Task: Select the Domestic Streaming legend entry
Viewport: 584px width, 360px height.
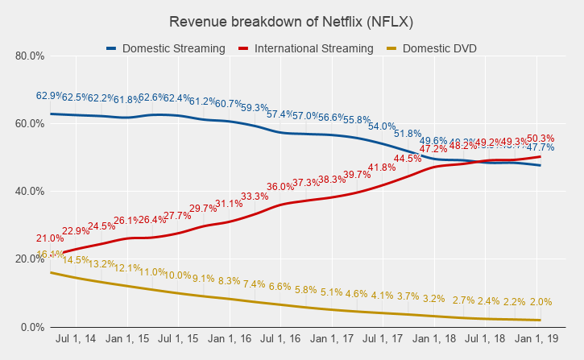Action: click(x=173, y=48)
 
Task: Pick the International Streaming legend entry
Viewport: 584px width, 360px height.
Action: click(x=313, y=48)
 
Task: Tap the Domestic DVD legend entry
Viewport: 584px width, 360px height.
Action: click(x=439, y=48)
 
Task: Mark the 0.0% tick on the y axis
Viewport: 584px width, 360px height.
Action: click(x=31, y=327)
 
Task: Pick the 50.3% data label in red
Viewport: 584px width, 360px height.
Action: click(x=540, y=139)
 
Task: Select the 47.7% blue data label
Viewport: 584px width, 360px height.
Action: click(x=540, y=147)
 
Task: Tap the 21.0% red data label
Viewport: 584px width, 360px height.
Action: click(x=49, y=239)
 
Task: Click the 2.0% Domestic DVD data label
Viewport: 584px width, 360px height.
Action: click(x=540, y=302)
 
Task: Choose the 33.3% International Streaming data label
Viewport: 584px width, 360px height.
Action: click(x=255, y=197)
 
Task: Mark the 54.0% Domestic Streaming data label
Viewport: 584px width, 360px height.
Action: click(x=381, y=126)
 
